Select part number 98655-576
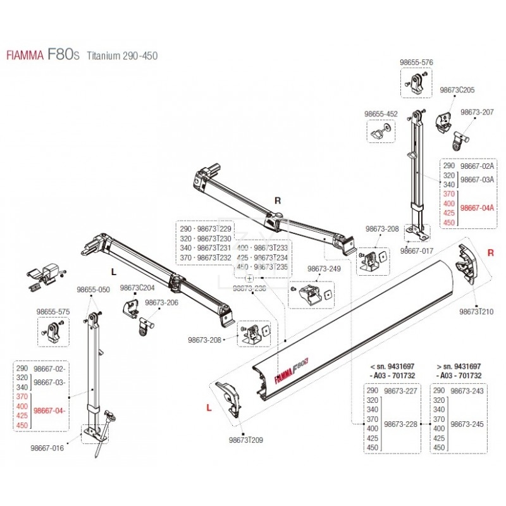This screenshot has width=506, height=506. tap(416, 62)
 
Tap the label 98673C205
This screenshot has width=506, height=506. tap(457, 90)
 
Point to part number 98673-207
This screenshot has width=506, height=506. tap(477, 111)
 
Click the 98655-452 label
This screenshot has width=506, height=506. tap(381, 114)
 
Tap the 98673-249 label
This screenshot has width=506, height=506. tap(323, 269)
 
